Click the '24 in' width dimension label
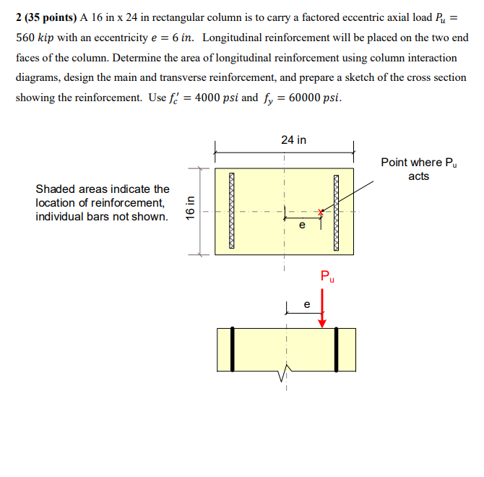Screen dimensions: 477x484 click(293, 139)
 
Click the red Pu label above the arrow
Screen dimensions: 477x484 click(327, 276)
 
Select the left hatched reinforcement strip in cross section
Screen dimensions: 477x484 click(233, 210)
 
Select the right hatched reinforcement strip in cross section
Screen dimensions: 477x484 click(337, 210)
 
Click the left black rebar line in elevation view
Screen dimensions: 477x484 click(233, 349)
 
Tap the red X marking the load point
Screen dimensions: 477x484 click(322, 211)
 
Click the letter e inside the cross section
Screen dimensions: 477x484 click(302, 226)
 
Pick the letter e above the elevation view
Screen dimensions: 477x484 click(306, 304)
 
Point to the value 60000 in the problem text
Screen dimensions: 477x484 click(304, 98)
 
